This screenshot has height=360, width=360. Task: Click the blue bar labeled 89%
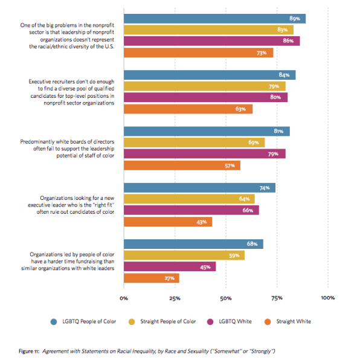[x=214, y=19]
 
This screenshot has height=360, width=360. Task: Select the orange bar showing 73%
[x=199, y=53]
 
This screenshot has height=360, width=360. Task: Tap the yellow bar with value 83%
[x=209, y=30]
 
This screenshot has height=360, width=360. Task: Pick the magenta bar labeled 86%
[x=211, y=41]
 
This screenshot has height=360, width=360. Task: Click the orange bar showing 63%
[x=188, y=109]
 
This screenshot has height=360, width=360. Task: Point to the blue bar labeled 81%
[x=207, y=131]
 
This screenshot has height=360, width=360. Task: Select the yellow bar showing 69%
[x=194, y=143]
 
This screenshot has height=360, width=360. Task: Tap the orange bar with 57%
[x=182, y=166]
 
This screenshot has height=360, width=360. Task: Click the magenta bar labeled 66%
[x=191, y=210]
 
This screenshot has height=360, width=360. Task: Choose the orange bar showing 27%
[x=152, y=278]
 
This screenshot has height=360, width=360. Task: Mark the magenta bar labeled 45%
[x=170, y=266]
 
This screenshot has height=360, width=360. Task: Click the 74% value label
[x=265, y=188]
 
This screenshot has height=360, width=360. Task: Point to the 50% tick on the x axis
[x=226, y=298]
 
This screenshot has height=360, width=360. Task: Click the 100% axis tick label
[x=328, y=298]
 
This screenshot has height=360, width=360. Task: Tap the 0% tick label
[x=124, y=298]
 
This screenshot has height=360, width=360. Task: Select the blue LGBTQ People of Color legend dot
[x=54, y=322]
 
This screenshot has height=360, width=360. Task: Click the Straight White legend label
[x=294, y=321]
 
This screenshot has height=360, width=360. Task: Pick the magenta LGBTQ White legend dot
[x=210, y=322]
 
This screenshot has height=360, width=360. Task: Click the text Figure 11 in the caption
[x=29, y=352]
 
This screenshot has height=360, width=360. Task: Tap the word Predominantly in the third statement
[x=37, y=142]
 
